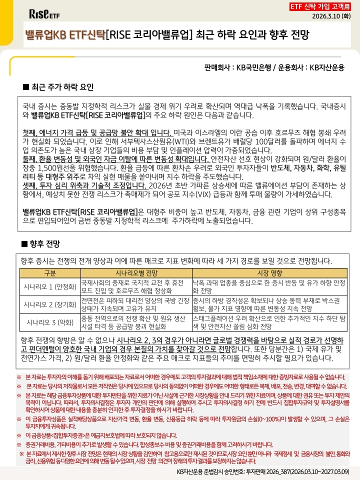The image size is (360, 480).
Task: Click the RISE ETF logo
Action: pos(44,13)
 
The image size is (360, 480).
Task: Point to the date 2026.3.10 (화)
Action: pos(331,16)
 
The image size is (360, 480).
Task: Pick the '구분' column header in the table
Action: pos(50,272)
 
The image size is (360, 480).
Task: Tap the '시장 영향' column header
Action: pos(269,272)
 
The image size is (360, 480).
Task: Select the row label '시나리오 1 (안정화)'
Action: pos(50,286)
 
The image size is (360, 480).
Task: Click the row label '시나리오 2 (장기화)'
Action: pos(50,303)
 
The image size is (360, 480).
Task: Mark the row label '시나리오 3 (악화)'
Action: pos(50,321)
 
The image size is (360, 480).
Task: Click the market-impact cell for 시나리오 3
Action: pos(269,321)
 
